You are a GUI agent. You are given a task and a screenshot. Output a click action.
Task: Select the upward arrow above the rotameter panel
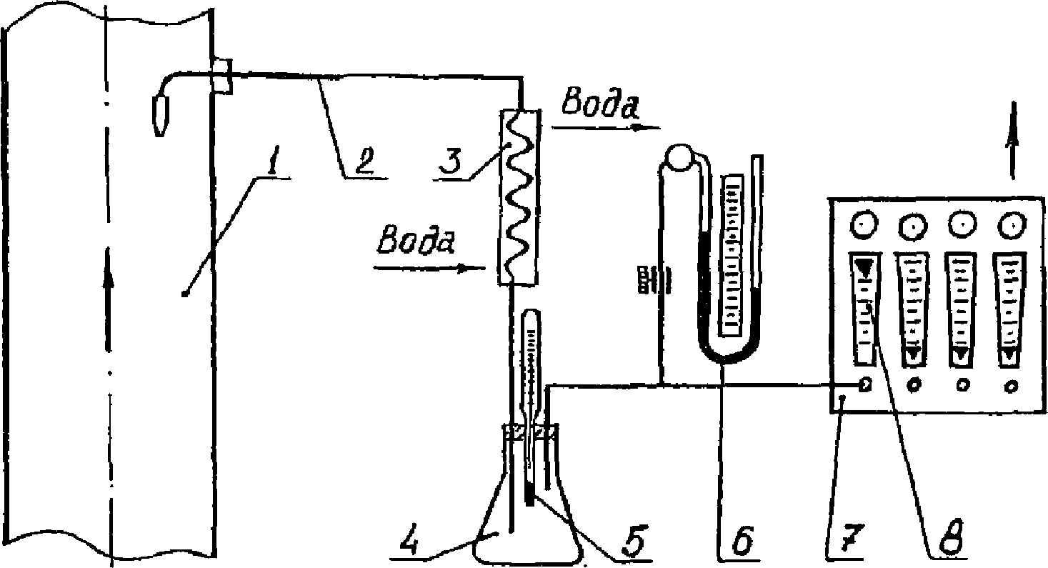[x=1012, y=139]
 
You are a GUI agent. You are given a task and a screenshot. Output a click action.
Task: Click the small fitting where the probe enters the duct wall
[x=221, y=76]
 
